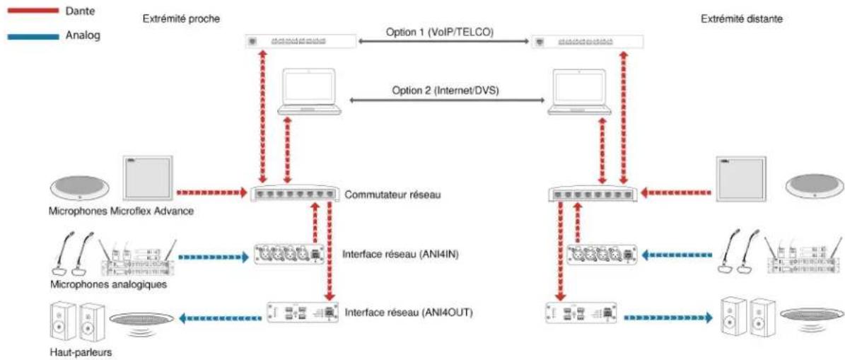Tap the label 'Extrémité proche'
click(181, 19)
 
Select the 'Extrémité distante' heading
click(742, 19)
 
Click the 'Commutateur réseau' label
click(392, 194)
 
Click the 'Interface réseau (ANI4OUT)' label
click(409, 311)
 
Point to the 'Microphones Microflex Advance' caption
click(121, 211)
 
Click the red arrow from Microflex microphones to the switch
click(211, 191)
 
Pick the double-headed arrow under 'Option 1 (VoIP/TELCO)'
click(444, 41)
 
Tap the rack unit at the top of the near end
click(300, 41)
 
